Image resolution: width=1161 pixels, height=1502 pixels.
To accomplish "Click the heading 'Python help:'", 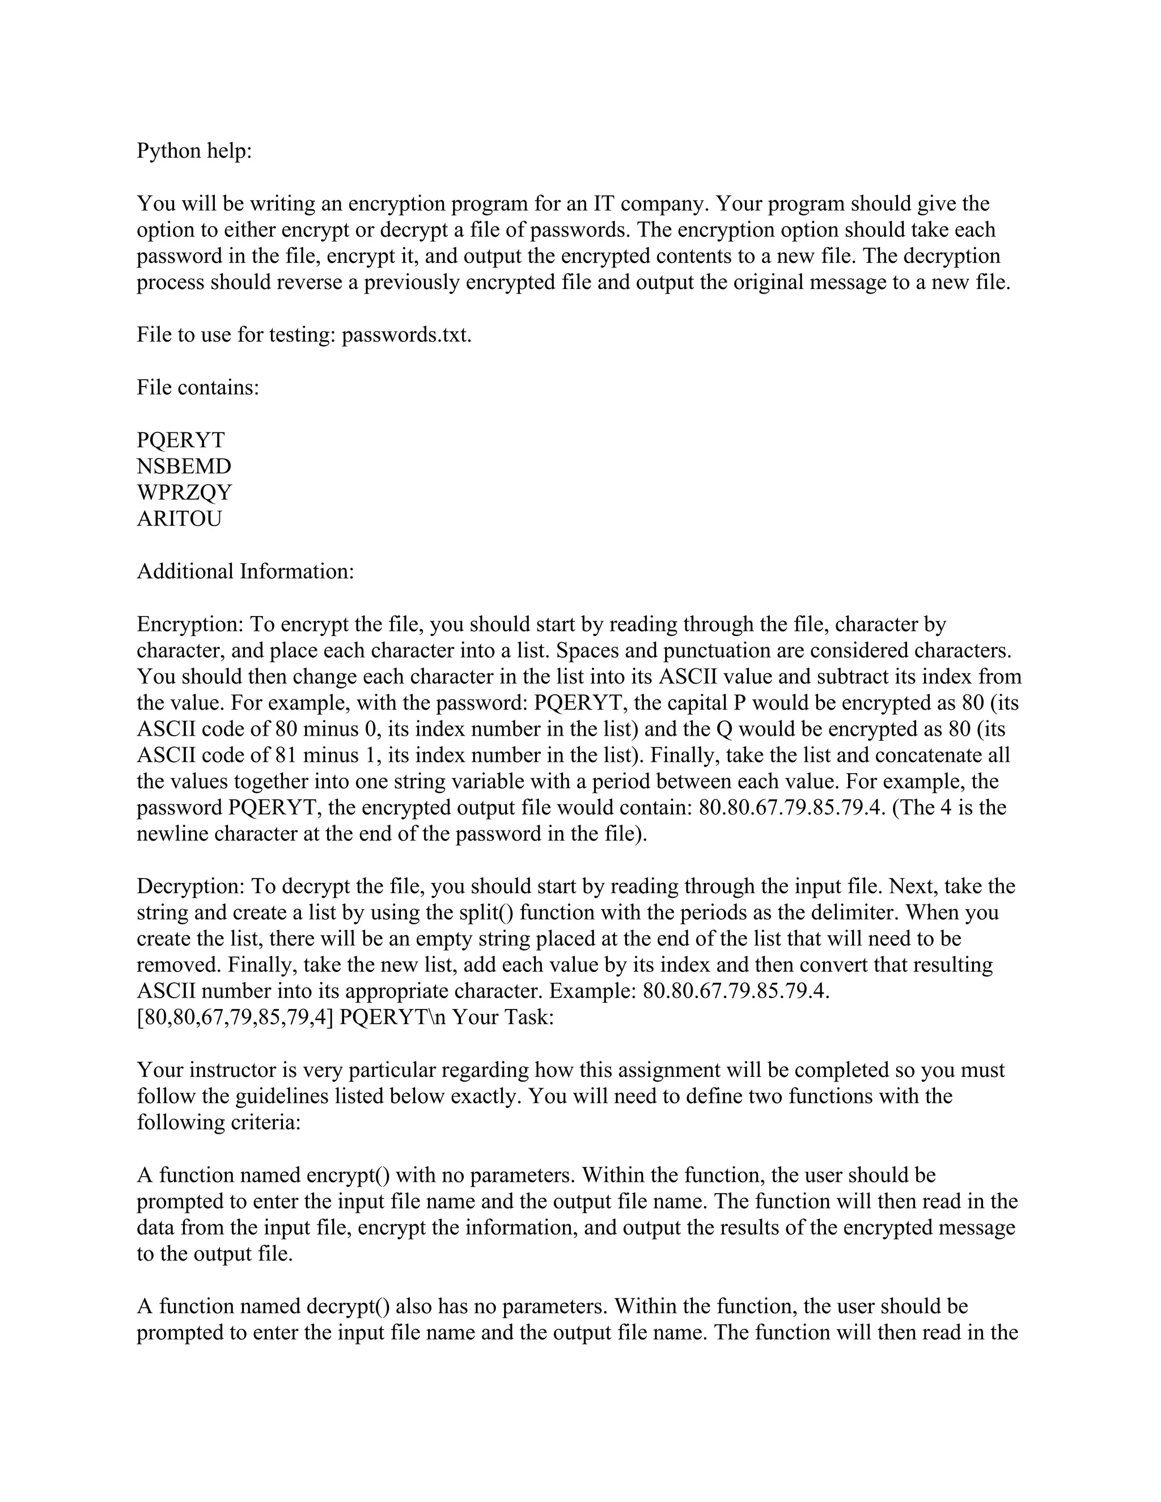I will (194, 151).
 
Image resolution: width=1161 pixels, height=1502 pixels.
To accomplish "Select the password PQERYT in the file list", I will (181, 440).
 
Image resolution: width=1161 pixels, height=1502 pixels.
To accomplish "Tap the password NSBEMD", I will (184, 466).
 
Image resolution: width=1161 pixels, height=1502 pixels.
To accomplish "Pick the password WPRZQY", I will (184, 493).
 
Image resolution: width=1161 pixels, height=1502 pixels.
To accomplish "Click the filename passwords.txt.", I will (406, 335).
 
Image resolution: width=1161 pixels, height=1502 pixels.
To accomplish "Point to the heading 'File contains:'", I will (198, 387).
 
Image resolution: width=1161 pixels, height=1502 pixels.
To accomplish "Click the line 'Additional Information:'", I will (245, 571).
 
